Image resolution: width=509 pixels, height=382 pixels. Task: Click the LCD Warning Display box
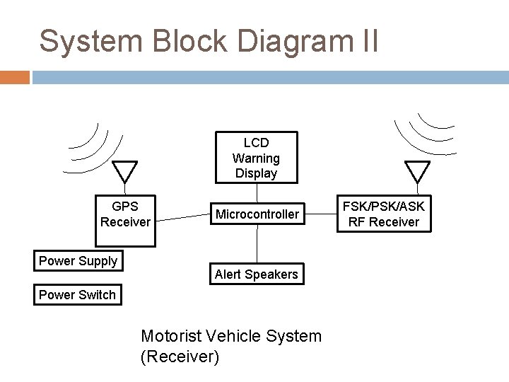pyautogui.click(x=256, y=158)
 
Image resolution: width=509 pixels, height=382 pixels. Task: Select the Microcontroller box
pyautogui.click(x=257, y=214)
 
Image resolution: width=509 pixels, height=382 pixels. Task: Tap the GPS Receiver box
pyautogui.click(x=126, y=214)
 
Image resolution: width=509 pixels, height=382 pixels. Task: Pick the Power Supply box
pyautogui.click(x=78, y=261)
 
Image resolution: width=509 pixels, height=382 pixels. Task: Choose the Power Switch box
pyautogui.click(x=77, y=295)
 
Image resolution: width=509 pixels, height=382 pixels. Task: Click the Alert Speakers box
pyautogui.click(x=257, y=274)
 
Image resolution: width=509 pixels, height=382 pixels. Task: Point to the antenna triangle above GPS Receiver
pyautogui.click(x=126, y=170)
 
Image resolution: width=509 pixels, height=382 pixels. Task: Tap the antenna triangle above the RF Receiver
pyautogui.click(x=416, y=170)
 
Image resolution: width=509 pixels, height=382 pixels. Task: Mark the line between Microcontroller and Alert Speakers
pyautogui.click(x=257, y=245)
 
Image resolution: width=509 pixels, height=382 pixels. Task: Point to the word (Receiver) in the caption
pyautogui.click(x=180, y=357)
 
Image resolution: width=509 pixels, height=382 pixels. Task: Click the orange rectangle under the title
pyautogui.click(x=14, y=76)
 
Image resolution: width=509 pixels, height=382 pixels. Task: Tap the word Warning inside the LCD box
pyautogui.click(x=256, y=158)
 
